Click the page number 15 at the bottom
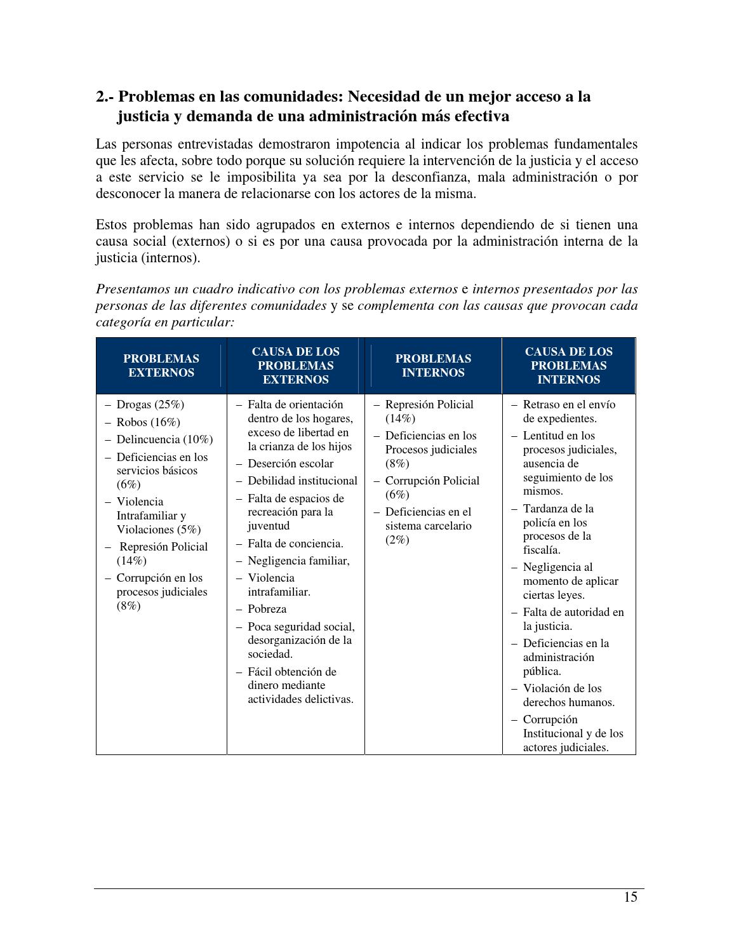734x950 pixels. click(630, 897)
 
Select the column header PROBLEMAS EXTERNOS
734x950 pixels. click(161, 366)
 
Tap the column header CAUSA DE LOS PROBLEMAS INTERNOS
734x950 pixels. click(568, 366)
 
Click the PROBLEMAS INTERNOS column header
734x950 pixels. click(433, 366)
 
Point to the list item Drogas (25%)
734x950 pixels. click(150, 405)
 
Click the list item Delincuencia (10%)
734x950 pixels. click(164, 439)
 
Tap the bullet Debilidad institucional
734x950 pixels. click(302, 481)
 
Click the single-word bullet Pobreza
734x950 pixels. click(267, 609)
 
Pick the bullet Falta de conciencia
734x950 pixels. click(295, 544)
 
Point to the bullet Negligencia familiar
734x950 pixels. click(298, 561)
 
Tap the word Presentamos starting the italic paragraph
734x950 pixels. click(133, 289)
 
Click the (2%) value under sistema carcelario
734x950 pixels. click(397, 540)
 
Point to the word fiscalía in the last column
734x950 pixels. click(541, 550)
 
